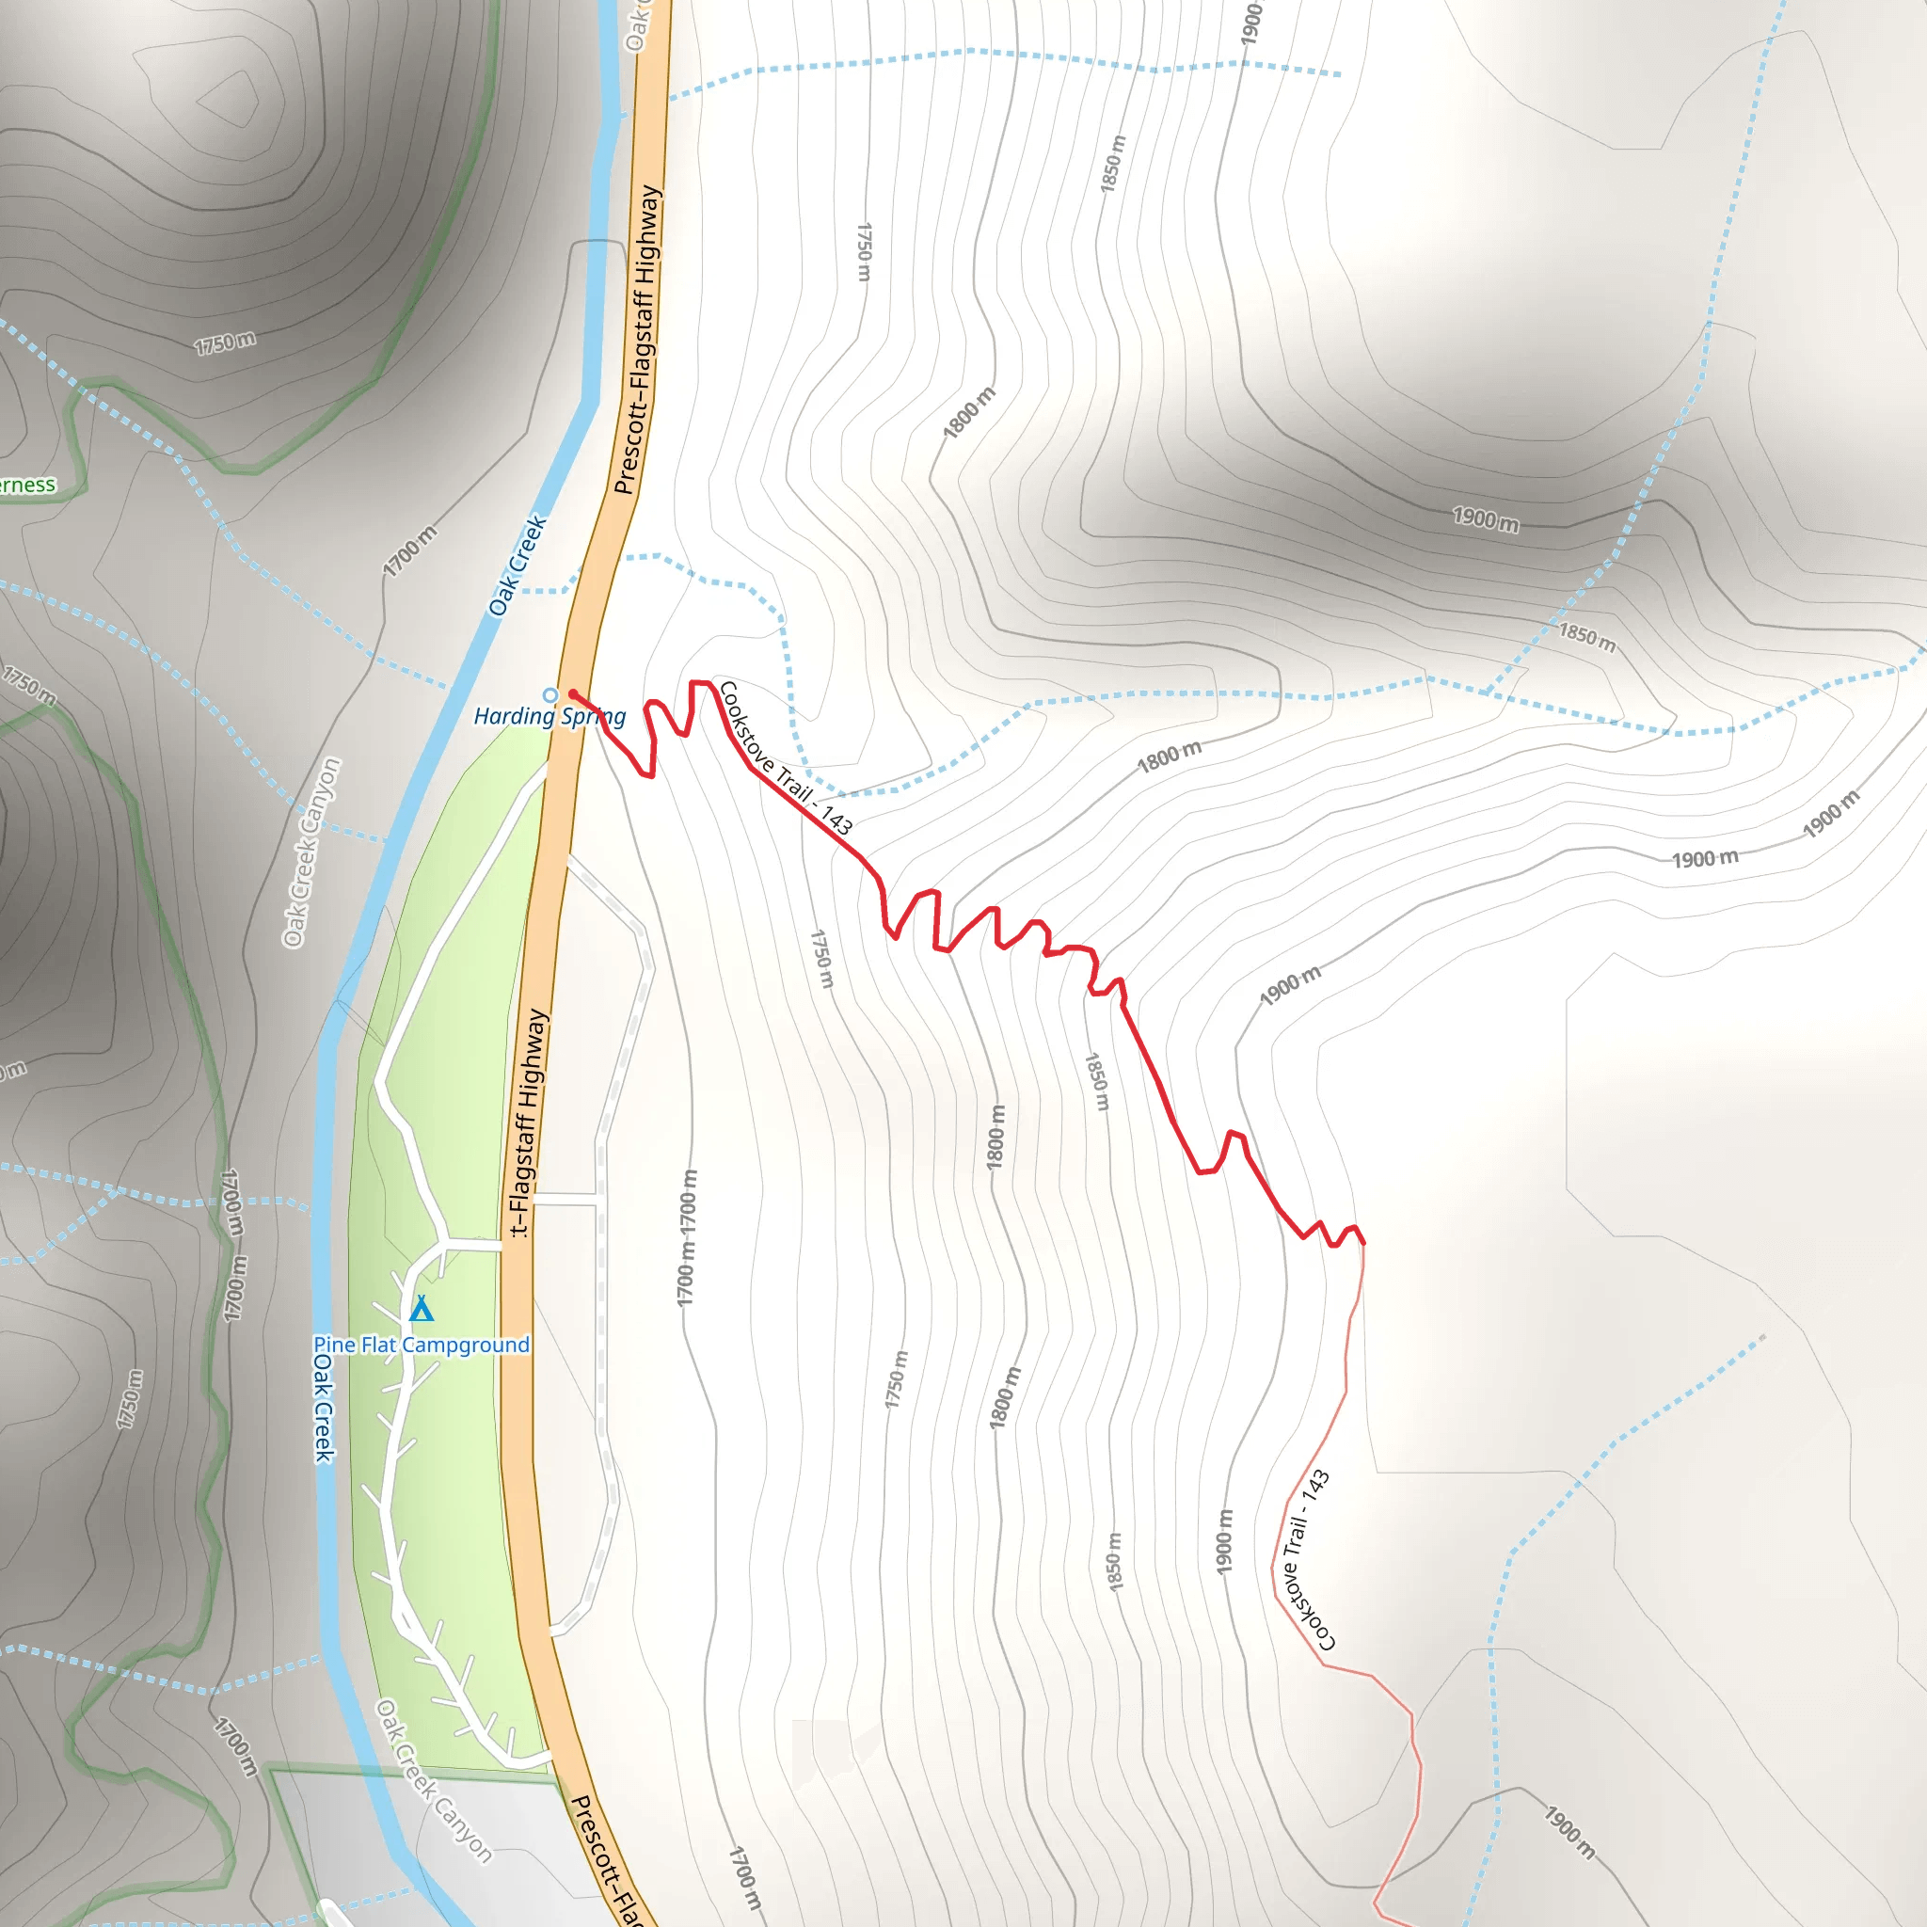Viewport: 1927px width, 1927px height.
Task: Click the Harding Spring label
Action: pyautogui.click(x=549, y=716)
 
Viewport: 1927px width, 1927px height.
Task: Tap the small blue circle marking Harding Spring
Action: pyautogui.click(x=549, y=695)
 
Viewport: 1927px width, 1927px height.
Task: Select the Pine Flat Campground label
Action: pyautogui.click(x=421, y=1345)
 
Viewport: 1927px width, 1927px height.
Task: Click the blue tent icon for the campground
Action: pyautogui.click(x=422, y=1308)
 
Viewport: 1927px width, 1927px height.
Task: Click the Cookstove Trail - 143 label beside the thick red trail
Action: pyautogui.click(x=785, y=758)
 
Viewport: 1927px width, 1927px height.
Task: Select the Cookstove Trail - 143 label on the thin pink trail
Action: pyautogui.click(x=1307, y=1560)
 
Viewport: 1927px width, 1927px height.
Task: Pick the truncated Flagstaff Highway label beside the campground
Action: pyautogui.click(x=528, y=1123)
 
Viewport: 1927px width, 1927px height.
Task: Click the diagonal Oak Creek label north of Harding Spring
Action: pyautogui.click(x=518, y=565)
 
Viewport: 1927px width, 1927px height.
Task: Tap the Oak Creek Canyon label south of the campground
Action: pyautogui.click(x=434, y=1781)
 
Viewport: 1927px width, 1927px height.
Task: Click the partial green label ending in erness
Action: pyautogui.click(x=28, y=486)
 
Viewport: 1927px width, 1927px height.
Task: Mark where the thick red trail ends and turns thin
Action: pyautogui.click(x=1362, y=1244)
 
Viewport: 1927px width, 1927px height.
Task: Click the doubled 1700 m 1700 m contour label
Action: pyautogui.click(x=686, y=1236)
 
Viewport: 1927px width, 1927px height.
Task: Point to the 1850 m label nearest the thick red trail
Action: pyautogui.click(x=1096, y=1081)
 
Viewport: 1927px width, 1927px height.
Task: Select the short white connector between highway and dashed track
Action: pyautogui.click(x=565, y=1199)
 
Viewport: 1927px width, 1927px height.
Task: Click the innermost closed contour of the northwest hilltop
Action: pyautogui.click(x=229, y=100)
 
